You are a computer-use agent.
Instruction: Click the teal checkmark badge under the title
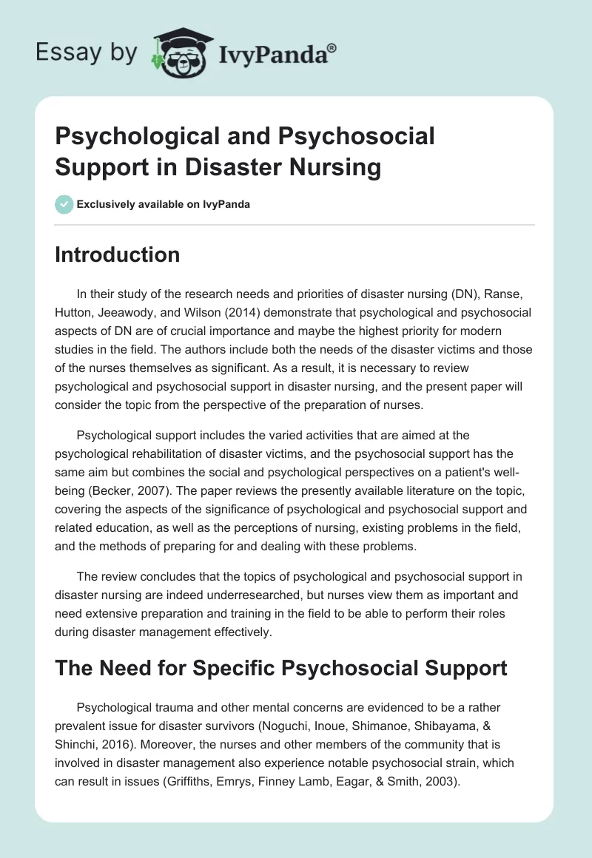click(x=64, y=204)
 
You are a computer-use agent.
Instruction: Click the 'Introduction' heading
click(x=118, y=254)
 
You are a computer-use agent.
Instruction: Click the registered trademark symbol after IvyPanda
click(x=332, y=47)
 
